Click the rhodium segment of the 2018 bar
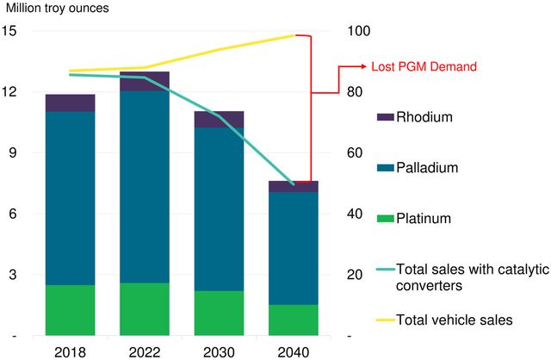71,102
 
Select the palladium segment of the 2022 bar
145,186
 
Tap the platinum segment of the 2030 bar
219,313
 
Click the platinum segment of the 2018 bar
71,310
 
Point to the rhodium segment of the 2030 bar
219,120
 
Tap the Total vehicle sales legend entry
454,320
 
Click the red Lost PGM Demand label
423,66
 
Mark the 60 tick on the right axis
354,153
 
